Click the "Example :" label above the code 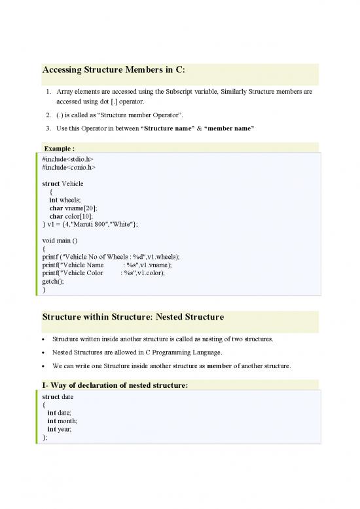tap(58, 148)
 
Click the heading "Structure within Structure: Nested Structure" tap(133, 317)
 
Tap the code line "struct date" tap(58, 396)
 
